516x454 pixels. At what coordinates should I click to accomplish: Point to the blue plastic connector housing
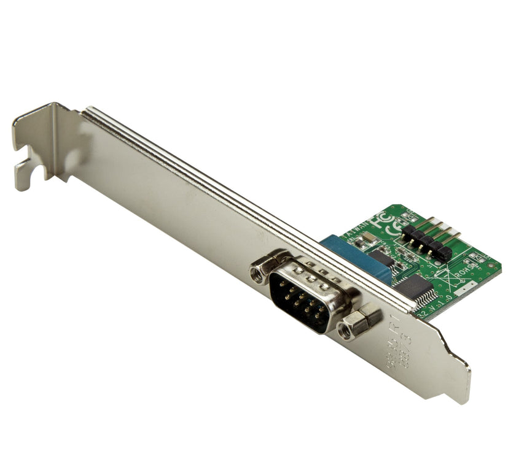coord(356,258)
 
